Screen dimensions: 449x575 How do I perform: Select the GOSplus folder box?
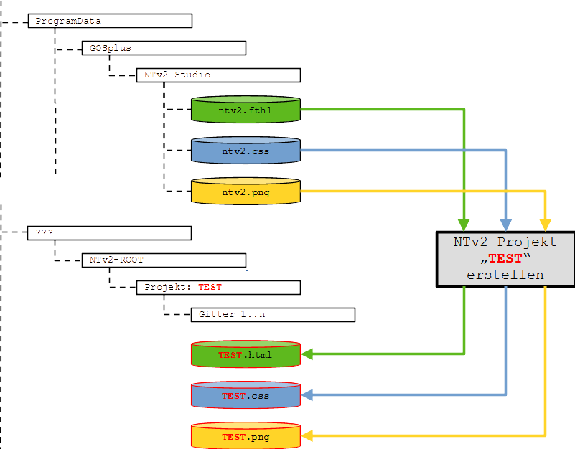164,48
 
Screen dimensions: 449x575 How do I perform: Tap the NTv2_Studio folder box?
218,75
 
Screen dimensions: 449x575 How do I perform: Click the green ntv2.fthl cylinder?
246,110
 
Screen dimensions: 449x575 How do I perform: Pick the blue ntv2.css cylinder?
246,151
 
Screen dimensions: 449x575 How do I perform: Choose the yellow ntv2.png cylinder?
246,192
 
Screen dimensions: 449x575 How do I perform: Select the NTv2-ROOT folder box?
164,260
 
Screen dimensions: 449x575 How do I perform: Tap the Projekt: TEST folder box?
218,287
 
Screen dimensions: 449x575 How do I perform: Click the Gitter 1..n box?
273,314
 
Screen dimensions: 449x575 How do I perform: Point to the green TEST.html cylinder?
246,355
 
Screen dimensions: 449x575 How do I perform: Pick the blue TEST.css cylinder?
246,395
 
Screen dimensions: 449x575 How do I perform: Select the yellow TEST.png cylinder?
246,436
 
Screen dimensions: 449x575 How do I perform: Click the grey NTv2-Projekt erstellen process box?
505,259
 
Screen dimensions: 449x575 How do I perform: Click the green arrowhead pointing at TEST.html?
307,354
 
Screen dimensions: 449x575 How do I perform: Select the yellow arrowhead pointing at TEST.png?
307,435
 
